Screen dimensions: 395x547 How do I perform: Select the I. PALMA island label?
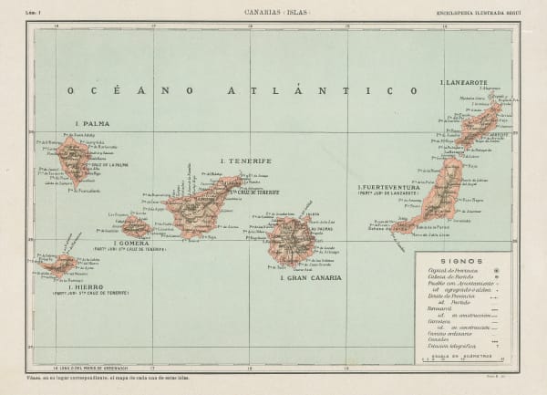pos(92,124)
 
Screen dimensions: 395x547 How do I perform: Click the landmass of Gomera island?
pos(134,226)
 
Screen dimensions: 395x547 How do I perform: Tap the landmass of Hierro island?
pos(62,266)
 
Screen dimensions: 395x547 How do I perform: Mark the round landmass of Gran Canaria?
pos(291,241)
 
